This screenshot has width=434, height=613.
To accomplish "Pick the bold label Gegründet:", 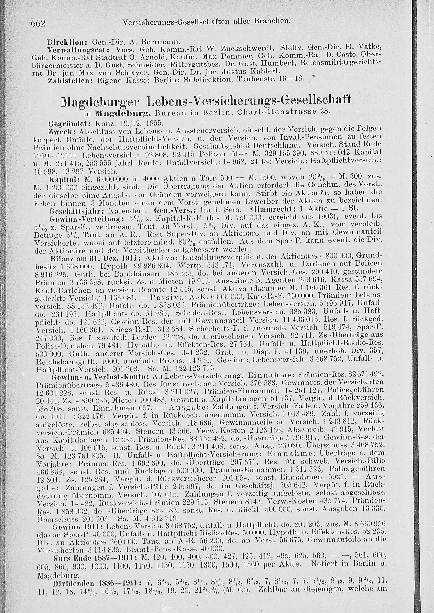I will click(x=69, y=124).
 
